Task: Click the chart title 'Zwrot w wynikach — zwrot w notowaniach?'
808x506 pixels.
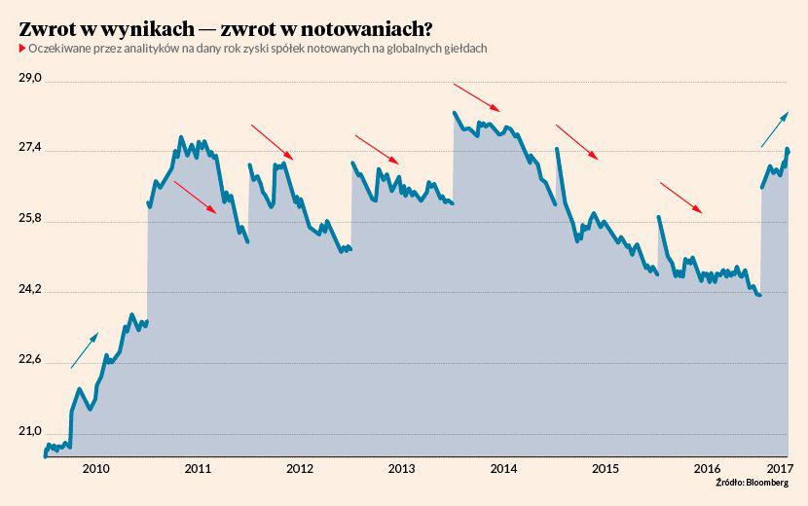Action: point(226,27)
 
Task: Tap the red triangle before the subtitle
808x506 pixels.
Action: point(22,48)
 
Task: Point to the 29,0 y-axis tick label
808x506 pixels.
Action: point(31,76)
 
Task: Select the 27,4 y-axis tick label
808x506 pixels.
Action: point(31,147)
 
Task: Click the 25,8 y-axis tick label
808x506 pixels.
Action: point(31,218)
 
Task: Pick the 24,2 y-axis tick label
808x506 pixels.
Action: point(31,289)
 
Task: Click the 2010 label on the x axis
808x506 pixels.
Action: point(95,469)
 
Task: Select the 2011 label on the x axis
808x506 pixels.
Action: point(198,469)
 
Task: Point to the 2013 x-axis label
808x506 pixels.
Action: point(402,469)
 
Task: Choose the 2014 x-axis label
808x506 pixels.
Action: point(504,469)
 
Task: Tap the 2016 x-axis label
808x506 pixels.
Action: point(708,469)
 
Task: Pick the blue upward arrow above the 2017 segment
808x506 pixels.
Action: point(775,129)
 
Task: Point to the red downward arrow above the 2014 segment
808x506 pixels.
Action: point(477,97)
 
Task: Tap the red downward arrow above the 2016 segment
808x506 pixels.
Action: point(680,197)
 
